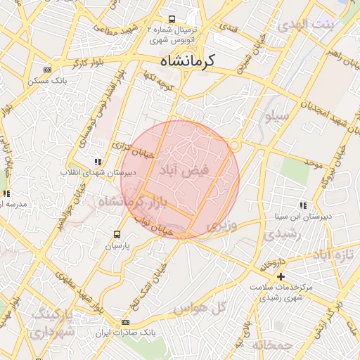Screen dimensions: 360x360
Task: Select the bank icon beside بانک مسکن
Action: tap(47, 70)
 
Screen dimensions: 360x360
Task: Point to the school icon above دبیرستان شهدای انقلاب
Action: tap(97, 162)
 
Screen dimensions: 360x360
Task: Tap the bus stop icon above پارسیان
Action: tap(117, 235)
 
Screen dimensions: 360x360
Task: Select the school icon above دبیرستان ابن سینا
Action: tap(303, 205)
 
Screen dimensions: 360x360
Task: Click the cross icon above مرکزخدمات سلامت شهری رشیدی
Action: tap(281, 276)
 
